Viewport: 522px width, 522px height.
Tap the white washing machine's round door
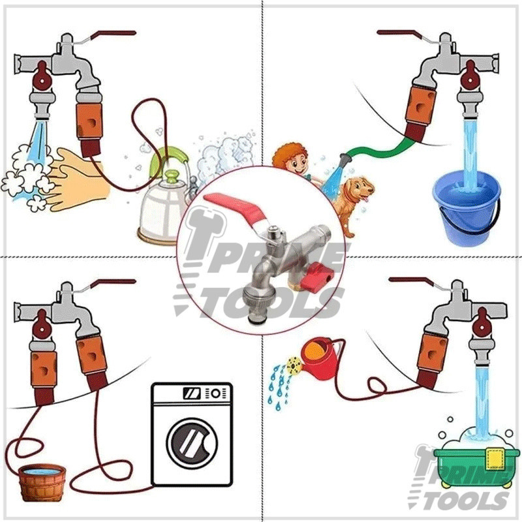click(x=192, y=443)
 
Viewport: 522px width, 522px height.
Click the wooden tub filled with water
click(x=42, y=482)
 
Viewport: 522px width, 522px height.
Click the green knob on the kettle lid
click(x=172, y=176)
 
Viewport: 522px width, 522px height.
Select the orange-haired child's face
click(x=293, y=162)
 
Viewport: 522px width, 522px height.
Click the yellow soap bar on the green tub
click(x=495, y=459)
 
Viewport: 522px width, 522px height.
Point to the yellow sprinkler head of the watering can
click(x=294, y=365)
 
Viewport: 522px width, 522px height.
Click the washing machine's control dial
click(x=216, y=393)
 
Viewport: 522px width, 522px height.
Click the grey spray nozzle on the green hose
click(x=346, y=159)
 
